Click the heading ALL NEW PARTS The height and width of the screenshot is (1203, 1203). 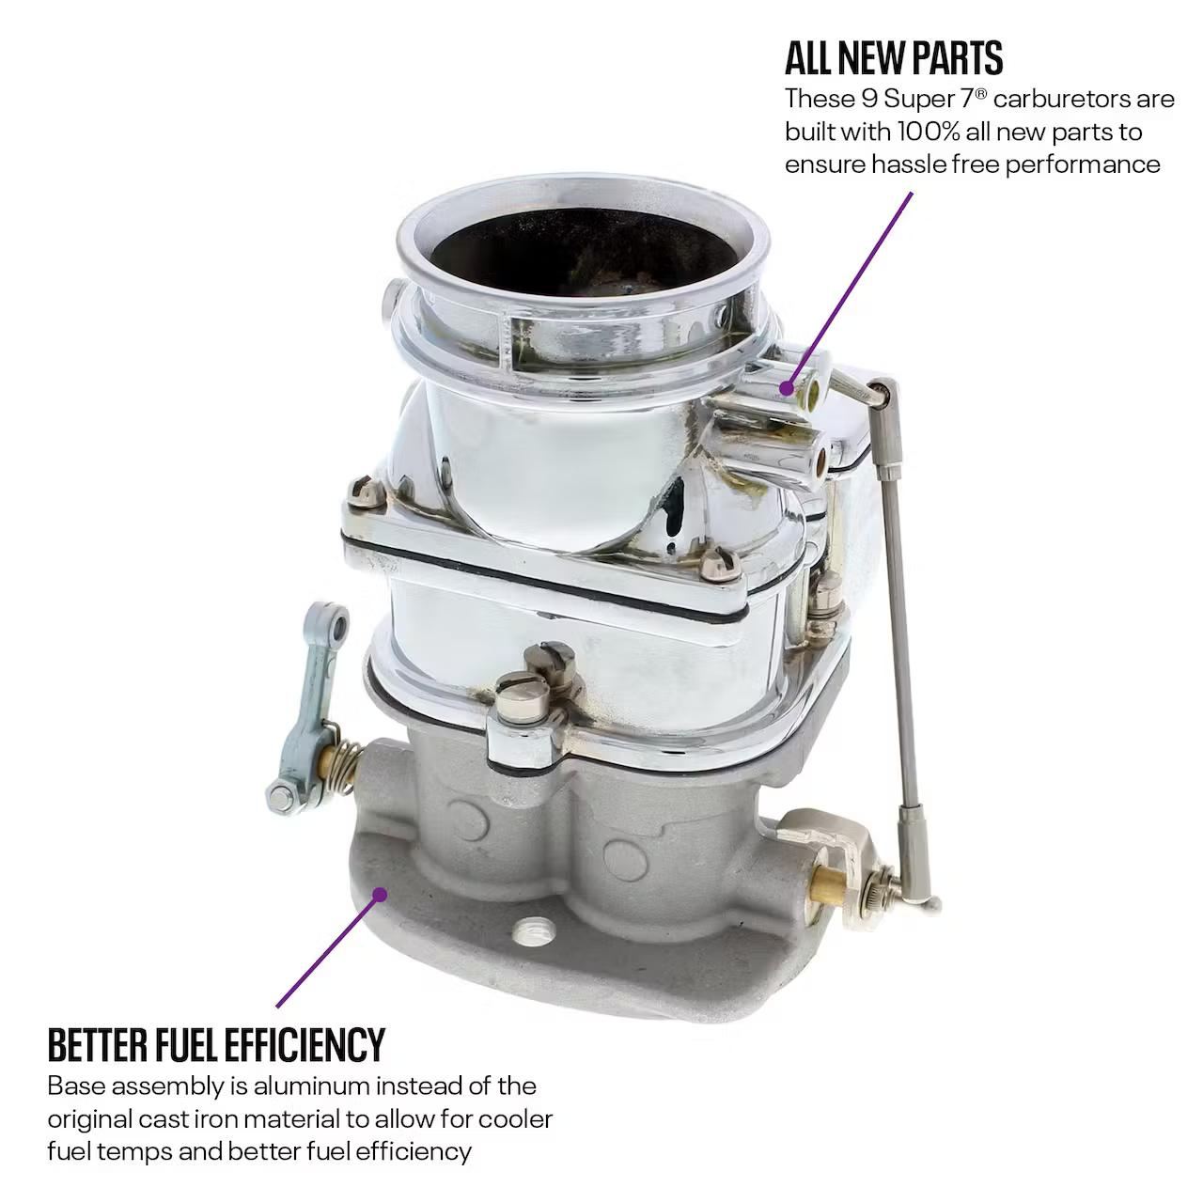pyautogui.click(x=894, y=58)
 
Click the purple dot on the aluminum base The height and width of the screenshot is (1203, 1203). pyautogui.click(x=378, y=894)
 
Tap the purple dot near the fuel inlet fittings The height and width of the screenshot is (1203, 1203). pyautogui.click(x=788, y=387)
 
